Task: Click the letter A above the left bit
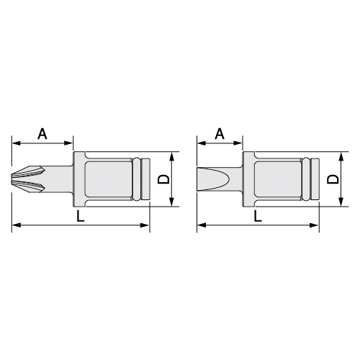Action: (x=42, y=134)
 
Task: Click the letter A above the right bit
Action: (x=220, y=134)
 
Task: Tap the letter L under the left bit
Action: (x=81, y=215)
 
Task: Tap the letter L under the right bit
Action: (x=258, y=215)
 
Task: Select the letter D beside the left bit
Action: (x=163, y=179)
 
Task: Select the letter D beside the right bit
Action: (x=333, y=179)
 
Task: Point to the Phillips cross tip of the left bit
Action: (x=28, y=179)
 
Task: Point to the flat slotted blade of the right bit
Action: (x=213, y=179)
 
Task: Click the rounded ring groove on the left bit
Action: (x=136, y=179)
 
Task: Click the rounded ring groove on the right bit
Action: (x=306, y=179)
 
